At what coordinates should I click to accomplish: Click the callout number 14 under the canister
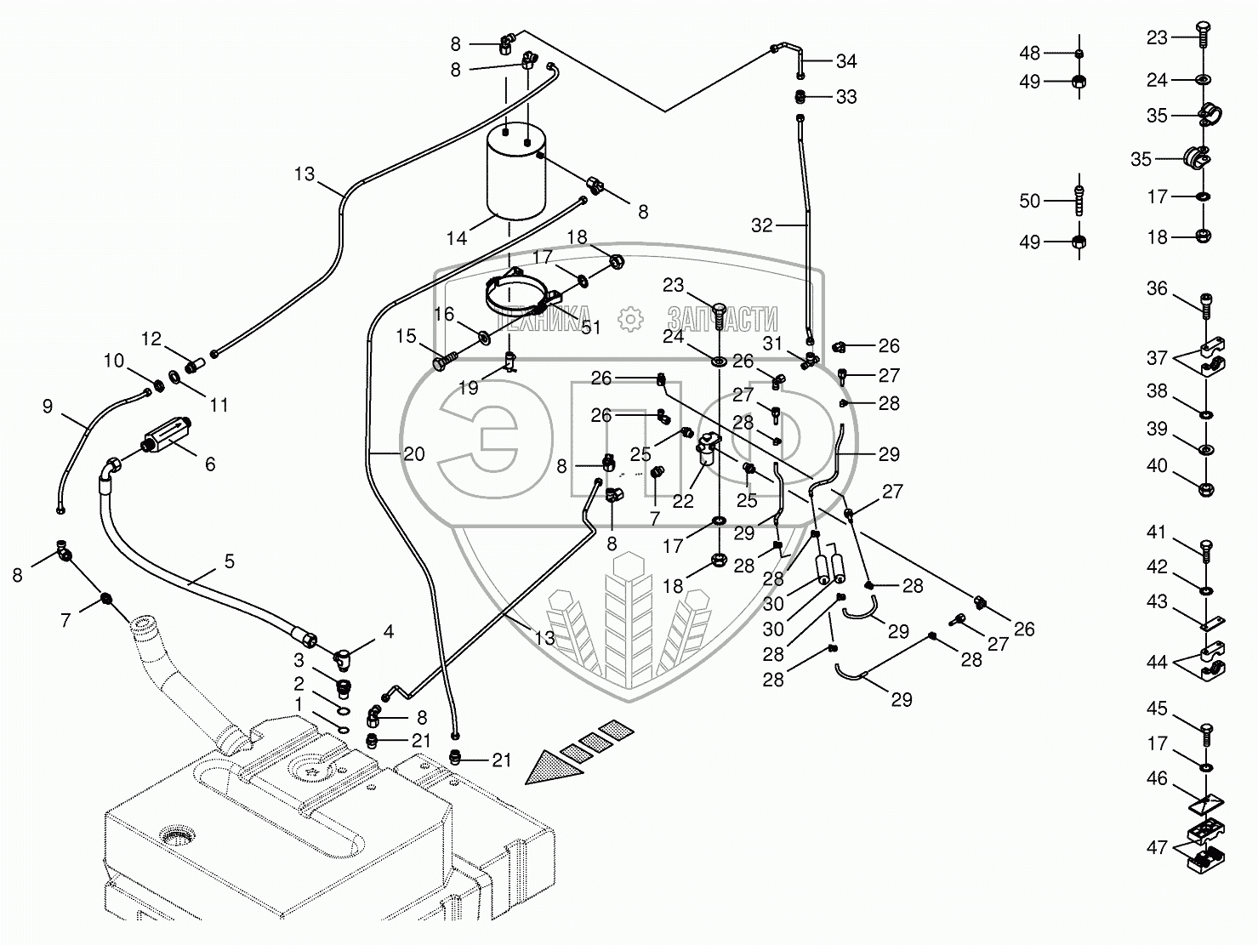(457, 238)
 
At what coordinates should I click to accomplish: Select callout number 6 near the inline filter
(209, 464)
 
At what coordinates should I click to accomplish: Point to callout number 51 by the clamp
(589, 328)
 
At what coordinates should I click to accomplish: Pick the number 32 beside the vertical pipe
(762, 225)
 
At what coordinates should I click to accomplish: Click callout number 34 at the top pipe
(845, 61)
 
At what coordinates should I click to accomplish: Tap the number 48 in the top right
(1029, 53)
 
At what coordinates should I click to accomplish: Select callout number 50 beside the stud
(1029, 201)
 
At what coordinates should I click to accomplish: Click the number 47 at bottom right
(1157, 847)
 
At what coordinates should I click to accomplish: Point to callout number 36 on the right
(1157, 288)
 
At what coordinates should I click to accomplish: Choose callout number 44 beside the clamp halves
(1157, 662)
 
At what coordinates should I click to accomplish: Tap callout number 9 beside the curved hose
(48, 407)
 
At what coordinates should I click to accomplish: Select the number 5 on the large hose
(229, 561)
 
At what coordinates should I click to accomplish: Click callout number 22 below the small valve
(683, 501)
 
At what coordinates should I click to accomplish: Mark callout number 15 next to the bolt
(406, 336)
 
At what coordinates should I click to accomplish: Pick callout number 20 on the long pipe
(413, 453)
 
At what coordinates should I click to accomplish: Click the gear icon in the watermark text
(630, 319)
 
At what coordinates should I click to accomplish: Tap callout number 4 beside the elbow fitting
(389, 632)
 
